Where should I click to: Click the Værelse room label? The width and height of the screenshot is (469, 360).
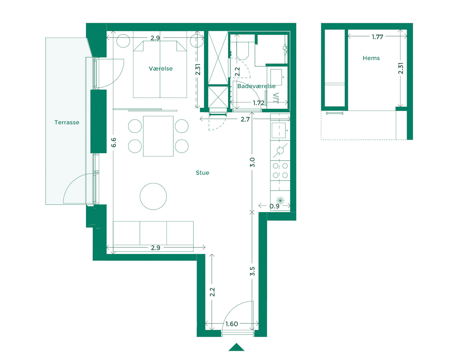click(x=161, y=69)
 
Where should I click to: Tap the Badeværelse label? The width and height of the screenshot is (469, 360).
click(x=256, y=86)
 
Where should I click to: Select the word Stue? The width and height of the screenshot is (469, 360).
click(x=202, y=173)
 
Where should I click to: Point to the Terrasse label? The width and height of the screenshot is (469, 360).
click(x=67, y=123)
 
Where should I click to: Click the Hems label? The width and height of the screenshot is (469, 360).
click(x=371, y=58)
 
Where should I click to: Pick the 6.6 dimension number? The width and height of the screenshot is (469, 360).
click(x=114, y=142)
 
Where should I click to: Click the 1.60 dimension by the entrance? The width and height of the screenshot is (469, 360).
click(x=231, y=324)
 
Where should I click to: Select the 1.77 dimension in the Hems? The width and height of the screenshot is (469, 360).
click(x=377, y=37)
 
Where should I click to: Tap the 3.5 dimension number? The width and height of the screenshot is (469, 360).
click(x=252, y=271)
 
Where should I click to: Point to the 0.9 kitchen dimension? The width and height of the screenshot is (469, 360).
click(x=274, y=206)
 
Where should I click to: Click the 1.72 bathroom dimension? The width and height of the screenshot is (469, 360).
click(x=258, y=103)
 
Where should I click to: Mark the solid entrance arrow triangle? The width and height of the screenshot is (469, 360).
click(x=236, y=348)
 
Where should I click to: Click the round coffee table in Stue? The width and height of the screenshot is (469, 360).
click(x=153, y=196)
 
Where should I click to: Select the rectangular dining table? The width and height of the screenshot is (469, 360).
click(x=158, y=136)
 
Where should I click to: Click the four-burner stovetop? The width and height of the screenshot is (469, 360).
click(x=280, y=171)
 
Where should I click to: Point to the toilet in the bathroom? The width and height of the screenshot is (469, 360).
click(x=243, y=51)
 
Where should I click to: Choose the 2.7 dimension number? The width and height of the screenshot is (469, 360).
click(x=245, y=119)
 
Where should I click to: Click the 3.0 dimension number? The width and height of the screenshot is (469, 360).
click(x=252, y=162)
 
